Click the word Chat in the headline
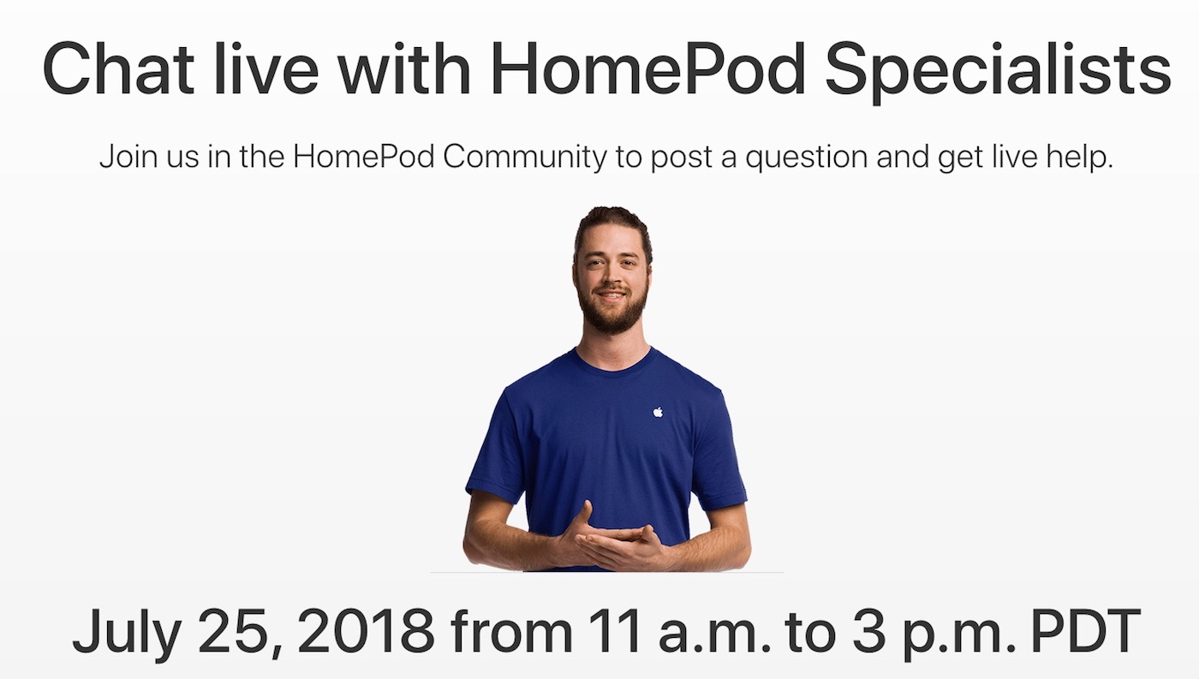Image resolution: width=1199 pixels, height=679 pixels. (118, 68)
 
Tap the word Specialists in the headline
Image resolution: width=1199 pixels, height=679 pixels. (999, 72)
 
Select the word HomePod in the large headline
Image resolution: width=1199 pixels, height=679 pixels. (647, 68)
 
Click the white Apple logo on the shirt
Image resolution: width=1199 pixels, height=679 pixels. (658, 412)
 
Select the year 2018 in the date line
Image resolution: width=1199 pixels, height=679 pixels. (365, 631)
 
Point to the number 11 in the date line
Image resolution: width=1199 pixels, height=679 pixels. (613, 631)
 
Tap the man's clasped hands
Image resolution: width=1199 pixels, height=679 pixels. (615, 541)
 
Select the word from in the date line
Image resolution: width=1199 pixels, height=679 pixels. (511, 631)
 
